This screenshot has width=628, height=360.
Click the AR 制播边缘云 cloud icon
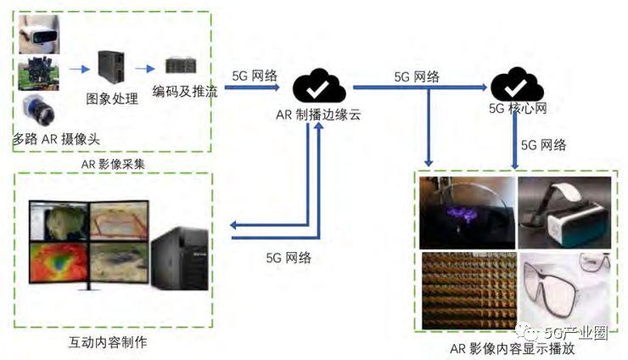click(318, 86)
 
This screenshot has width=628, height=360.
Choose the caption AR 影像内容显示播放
click(513, 348)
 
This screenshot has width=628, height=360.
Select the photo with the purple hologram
click(466, 211)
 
